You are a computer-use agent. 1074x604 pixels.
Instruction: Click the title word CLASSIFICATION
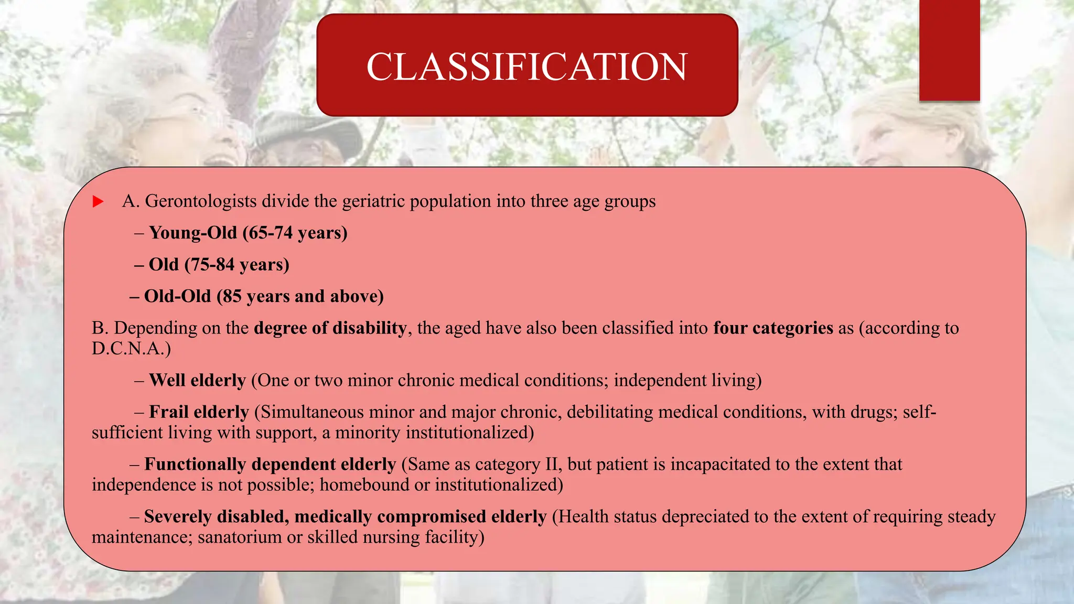coord(527,67)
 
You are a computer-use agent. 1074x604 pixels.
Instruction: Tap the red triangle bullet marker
coord(98,201)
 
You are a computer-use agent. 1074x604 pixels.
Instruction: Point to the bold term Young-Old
coord(193,233)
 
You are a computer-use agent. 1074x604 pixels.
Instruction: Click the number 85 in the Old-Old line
coord(232,297)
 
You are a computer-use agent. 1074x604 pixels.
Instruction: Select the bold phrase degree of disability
coord(330,328)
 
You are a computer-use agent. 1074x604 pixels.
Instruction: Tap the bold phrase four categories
coord(773,328)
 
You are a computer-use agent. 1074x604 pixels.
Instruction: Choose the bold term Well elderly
coord(197,381)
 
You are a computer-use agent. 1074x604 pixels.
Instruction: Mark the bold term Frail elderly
coord(199,412)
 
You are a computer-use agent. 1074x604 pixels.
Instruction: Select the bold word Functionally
coord(195,465)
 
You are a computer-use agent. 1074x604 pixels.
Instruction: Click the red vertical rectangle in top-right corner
coord(949,50)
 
